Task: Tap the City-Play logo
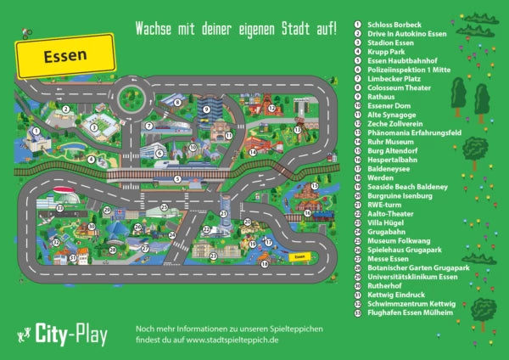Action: point(64,334)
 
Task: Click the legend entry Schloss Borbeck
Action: point(394,25)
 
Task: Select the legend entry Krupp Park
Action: point(386,52)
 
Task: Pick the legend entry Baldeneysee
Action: point(389,168)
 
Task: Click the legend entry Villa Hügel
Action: point(385,222)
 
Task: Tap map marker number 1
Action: point(36,131)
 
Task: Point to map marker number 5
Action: point(177,178)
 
